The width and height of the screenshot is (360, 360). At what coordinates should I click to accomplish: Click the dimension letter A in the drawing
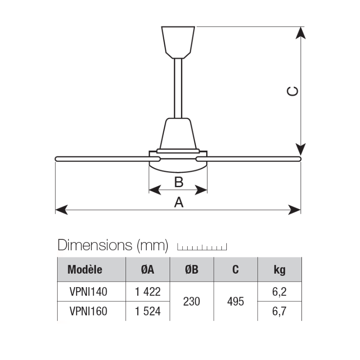point(179,203)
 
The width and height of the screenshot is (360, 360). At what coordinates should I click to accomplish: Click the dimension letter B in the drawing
point(178,182)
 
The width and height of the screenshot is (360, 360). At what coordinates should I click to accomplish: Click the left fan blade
point(103,158)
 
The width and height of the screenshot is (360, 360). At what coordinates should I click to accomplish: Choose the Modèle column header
point(85,270)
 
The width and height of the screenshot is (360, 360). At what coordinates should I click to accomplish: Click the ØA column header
point(147,270)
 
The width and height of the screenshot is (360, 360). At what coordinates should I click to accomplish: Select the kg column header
point(279,270)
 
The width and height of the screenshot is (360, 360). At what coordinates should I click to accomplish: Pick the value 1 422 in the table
point(147,292)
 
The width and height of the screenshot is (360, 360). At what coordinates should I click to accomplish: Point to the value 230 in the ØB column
point(191,301)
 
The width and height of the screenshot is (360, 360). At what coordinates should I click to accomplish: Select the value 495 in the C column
point(235,301)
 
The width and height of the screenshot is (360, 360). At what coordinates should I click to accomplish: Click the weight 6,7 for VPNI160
point(279,310)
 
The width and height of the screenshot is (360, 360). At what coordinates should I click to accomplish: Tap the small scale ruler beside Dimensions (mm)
point(202,247)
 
